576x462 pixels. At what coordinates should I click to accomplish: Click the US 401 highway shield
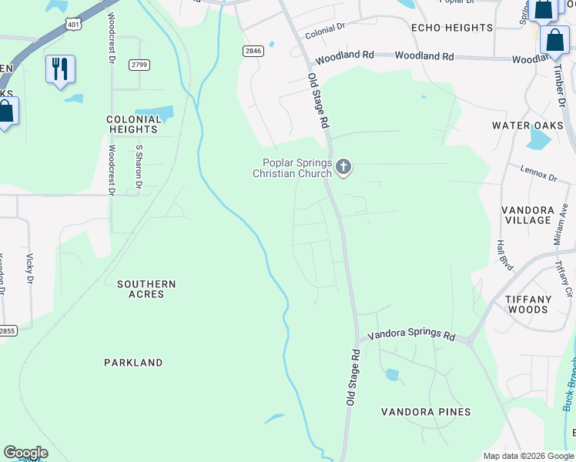73,24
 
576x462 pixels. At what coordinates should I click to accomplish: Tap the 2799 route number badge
139,65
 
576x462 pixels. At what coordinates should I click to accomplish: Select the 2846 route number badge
253,51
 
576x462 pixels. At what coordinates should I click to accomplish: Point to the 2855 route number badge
6,330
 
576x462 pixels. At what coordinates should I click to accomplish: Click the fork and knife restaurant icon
60,69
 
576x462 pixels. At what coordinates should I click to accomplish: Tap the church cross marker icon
343,166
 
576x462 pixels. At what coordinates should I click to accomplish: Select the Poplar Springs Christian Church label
296,168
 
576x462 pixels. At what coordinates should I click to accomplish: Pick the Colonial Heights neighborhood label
134,124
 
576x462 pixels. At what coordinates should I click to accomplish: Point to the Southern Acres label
146,289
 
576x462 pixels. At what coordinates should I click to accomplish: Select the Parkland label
133,362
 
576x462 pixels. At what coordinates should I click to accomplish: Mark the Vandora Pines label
426,412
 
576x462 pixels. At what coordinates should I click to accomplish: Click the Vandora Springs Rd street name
411,335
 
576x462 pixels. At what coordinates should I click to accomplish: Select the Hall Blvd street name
504,253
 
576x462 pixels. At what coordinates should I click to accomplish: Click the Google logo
25,453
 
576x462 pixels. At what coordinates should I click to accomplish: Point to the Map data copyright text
527,456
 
